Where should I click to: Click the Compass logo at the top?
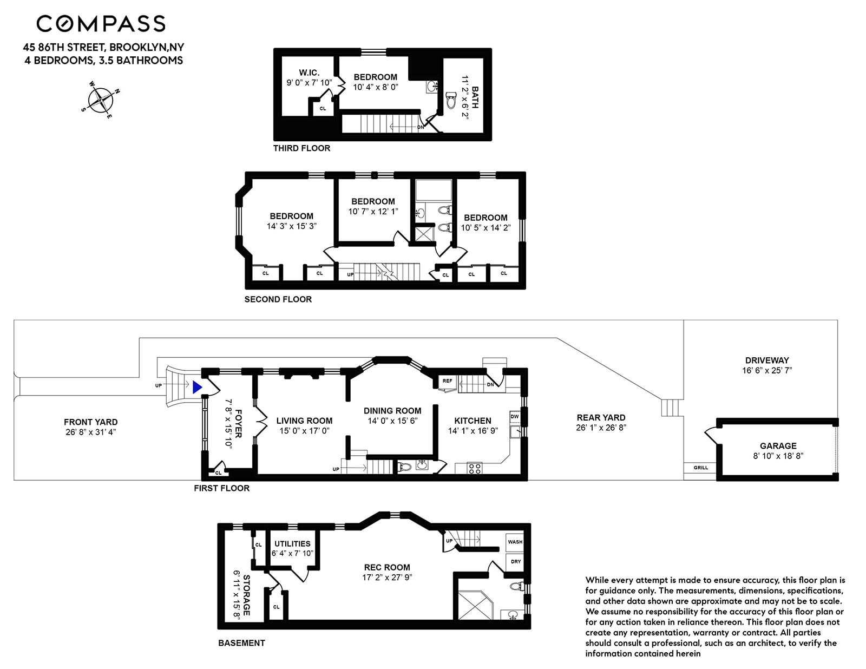[x=101, y=23]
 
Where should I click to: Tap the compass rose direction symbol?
[x=100, y=100]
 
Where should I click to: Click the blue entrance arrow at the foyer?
[x=197, y=388]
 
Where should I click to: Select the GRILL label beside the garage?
[x=700, y=468]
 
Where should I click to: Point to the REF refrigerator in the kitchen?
[x=447, y=381]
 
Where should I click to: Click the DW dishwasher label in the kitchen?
[x=515, y=416]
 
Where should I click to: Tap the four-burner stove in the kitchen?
[x=474, y=468]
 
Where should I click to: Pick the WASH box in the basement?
[x=515, y=542]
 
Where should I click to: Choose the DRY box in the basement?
[x=515, y=562]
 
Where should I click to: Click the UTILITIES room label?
[x=292, y=544]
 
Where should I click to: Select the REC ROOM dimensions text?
[x=387, y=578]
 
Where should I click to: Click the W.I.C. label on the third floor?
[x=309, y=73]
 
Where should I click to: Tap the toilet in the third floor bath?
[x=451, y=101]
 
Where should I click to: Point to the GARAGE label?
[x=778, y=446]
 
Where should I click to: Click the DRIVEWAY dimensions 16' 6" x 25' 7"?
[x=767, y=371]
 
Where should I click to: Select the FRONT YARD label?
[x=91, y=422]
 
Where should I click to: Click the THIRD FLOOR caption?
[x=301, y=148]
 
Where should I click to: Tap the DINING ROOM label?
[x=392, y=411]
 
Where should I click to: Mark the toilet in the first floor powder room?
[x=405, y=467]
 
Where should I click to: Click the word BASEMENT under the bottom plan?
[x=241, y=643]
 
